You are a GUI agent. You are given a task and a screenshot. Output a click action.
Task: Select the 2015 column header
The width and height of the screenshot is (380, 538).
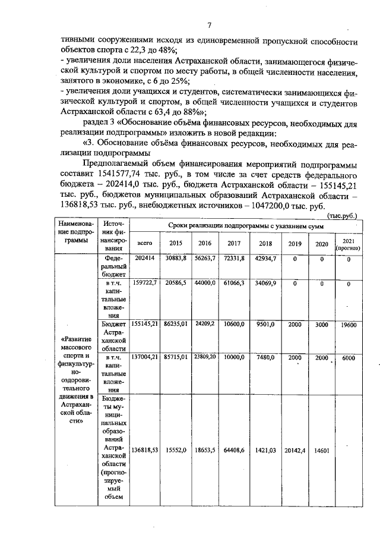tap(176, 244)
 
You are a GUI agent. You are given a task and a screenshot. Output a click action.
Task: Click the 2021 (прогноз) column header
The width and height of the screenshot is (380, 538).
tap(349, 244)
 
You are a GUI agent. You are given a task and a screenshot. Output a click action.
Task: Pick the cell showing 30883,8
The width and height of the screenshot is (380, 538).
tap(176, 259)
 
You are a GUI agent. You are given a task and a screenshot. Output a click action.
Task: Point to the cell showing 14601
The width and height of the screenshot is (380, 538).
tap(322, 451)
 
